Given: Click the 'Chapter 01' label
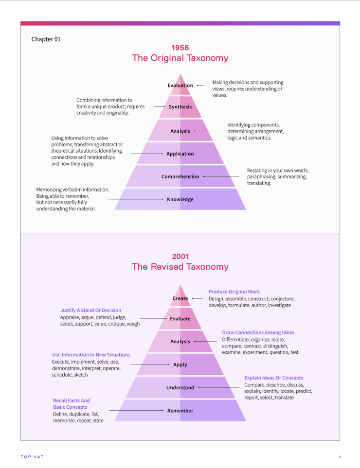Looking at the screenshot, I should pos(46,39).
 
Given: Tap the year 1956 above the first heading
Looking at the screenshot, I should pos(180,48).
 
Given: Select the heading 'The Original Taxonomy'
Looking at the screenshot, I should pos(180,58).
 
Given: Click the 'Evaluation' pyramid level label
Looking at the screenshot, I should pos(180,86).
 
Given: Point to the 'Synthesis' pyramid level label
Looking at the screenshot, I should pos(180,107).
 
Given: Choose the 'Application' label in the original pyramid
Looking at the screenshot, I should pos(180,154).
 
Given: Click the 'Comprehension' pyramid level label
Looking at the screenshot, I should pos(180,177).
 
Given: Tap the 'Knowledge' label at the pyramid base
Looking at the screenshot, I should pos(180,199).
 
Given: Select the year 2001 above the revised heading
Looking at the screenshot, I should pos(180,257).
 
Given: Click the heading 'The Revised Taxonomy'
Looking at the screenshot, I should pos(180,267).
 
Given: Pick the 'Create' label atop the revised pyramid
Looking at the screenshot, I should pos(180,299).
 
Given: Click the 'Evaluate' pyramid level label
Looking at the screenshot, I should pos(180,319).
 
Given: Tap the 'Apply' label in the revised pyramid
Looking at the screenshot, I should pos(180,364).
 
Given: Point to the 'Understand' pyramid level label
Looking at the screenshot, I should pos(180,388).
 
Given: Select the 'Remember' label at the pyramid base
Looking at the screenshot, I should pos(180,411).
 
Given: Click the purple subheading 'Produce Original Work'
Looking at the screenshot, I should pos(234,292).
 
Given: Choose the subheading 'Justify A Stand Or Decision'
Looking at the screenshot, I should pos(90,310).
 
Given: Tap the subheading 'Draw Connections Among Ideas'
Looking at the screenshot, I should pos(258,333).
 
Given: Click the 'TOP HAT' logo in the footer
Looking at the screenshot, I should pos(32,457).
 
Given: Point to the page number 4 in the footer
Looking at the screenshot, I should pos(340,457).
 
